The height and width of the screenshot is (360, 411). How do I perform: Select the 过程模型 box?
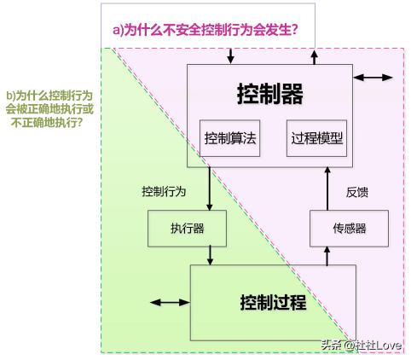coord(316,137)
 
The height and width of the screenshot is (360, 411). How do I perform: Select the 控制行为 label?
coord(163,191)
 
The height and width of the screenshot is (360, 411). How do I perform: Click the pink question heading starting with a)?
coord(205,29)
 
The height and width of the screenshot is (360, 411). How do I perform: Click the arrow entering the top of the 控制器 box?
coord(232,55)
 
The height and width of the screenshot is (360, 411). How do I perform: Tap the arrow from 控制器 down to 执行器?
coord(209,188)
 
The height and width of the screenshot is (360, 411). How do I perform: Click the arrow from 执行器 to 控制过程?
coord(209,254)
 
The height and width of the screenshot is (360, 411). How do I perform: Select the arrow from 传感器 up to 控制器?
coord(326,188)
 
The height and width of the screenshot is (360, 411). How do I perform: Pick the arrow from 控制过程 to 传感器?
coord(326,254)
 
